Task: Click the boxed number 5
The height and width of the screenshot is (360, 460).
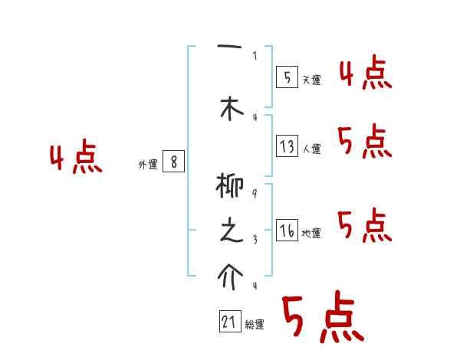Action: point(287,77)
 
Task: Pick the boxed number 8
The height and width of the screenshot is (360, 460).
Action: point(174,162)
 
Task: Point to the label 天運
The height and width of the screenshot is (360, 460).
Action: point(311,80)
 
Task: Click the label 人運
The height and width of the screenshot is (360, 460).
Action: point(311,149)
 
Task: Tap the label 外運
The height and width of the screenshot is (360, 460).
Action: point(148,164)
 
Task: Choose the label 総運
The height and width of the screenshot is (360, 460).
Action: point(255,325)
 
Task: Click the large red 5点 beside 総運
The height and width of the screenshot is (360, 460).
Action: point(322,318)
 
